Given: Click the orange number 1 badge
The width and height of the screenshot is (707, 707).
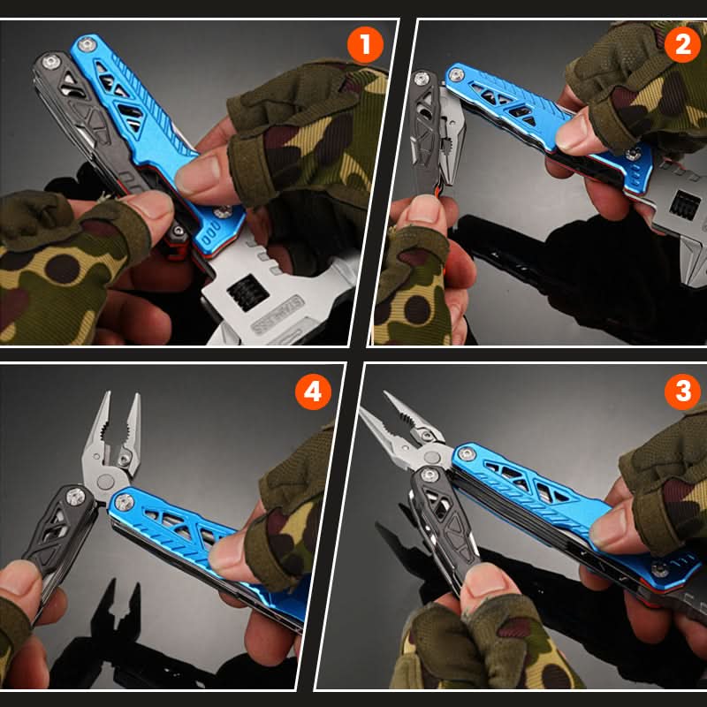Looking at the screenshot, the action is tap(365, 45).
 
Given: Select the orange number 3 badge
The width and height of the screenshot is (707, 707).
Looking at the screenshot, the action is tap(682, 391).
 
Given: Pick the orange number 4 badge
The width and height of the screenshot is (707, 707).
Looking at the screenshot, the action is tap(313, 392).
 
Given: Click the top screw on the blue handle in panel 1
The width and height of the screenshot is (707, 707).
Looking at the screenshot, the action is tap(86, 44).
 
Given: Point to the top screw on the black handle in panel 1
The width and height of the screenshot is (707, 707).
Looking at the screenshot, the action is tap(51, 61).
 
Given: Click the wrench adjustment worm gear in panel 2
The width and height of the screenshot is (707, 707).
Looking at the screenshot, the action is tap(684, 205).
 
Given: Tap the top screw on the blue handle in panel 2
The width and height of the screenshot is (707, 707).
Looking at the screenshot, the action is tap(456, 74).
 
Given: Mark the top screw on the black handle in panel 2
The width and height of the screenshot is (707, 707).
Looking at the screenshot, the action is tap(422, 79).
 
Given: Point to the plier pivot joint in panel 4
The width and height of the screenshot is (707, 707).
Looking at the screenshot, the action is tap(105, 482).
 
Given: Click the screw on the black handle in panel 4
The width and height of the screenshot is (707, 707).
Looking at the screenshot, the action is tap(75, 497).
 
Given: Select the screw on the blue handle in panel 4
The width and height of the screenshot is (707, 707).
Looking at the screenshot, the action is tap(124, 502).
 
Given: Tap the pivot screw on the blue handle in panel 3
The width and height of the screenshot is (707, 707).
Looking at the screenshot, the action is tap(467, 453).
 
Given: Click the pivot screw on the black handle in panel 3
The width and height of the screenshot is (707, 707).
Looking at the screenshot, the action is tap(429, 475).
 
